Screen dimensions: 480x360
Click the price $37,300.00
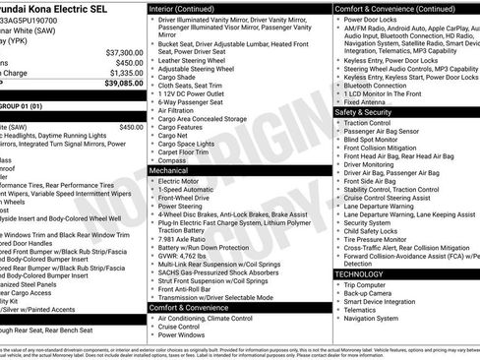pyautogui.click(x=124, y=52)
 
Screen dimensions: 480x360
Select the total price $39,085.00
pyautogui.click(x=124, y=84)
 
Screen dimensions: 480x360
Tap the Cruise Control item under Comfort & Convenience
pyautogui.click(x=184, y=327)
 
